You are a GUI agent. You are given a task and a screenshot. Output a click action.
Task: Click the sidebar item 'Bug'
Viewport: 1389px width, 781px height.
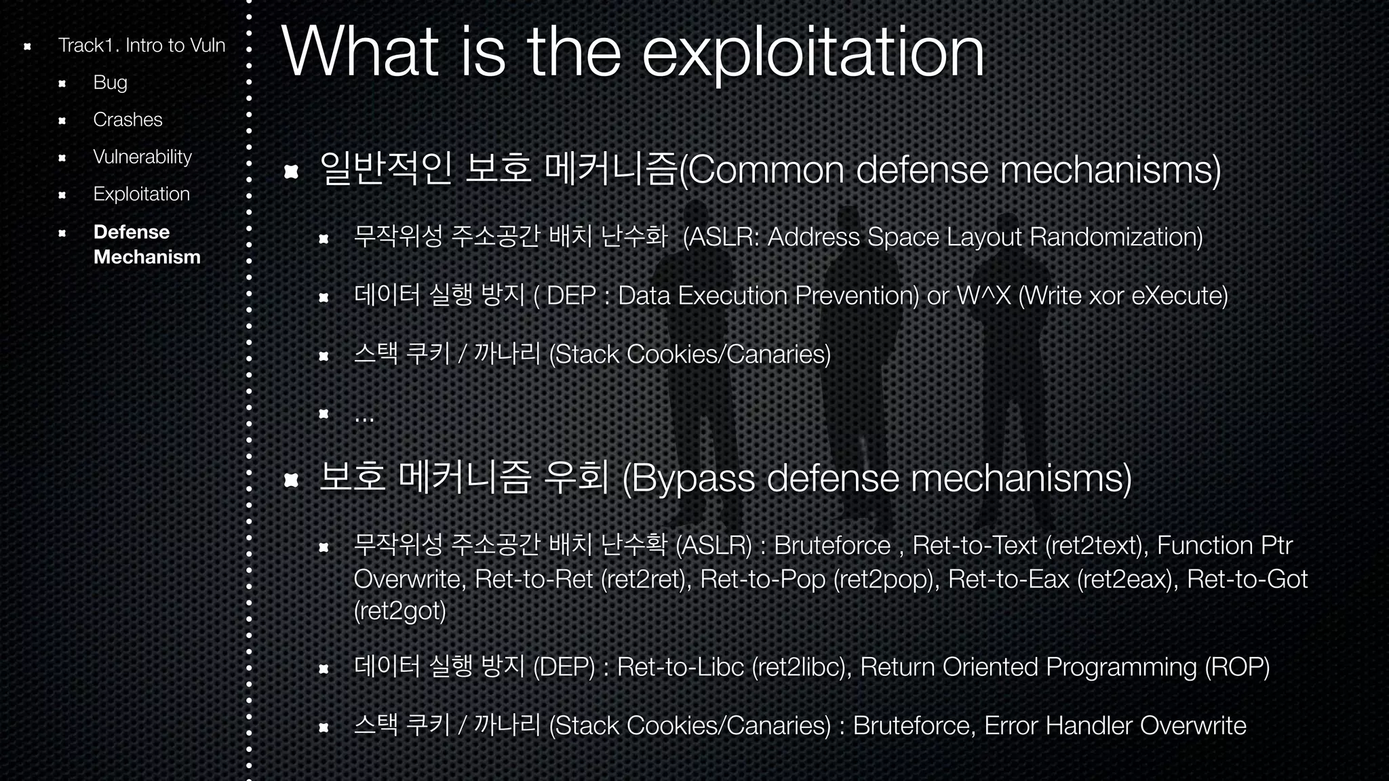(110, 83)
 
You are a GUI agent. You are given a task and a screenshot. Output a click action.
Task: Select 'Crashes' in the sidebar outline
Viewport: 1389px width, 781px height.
(128, 120)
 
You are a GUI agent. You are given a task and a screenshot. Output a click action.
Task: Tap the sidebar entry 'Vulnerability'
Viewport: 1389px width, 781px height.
(142, 157)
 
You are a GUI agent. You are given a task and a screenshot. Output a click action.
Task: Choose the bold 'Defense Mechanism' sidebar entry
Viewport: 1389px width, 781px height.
(146, 244)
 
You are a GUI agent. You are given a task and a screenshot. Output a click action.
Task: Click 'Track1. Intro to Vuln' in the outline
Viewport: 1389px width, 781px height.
(141, 45)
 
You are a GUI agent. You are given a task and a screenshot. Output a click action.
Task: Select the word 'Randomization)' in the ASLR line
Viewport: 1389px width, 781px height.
(1116, 237)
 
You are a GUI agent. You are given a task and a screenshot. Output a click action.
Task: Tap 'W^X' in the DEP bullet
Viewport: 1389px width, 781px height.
(983, 296)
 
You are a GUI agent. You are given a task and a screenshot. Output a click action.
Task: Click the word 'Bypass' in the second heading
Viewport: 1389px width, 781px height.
(693, 479)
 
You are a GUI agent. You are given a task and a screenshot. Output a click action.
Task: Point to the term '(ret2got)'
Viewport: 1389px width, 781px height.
(400, 611)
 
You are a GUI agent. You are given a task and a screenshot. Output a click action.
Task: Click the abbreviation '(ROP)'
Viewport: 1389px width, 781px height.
(1237, 667)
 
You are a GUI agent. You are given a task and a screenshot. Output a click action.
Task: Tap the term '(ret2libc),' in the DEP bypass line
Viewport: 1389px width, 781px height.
(802, 667)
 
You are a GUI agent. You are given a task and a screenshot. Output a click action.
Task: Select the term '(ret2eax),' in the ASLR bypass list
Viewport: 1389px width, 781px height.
(1128, 580)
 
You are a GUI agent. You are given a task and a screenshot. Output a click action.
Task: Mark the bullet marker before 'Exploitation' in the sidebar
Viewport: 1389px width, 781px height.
(62, 195)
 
